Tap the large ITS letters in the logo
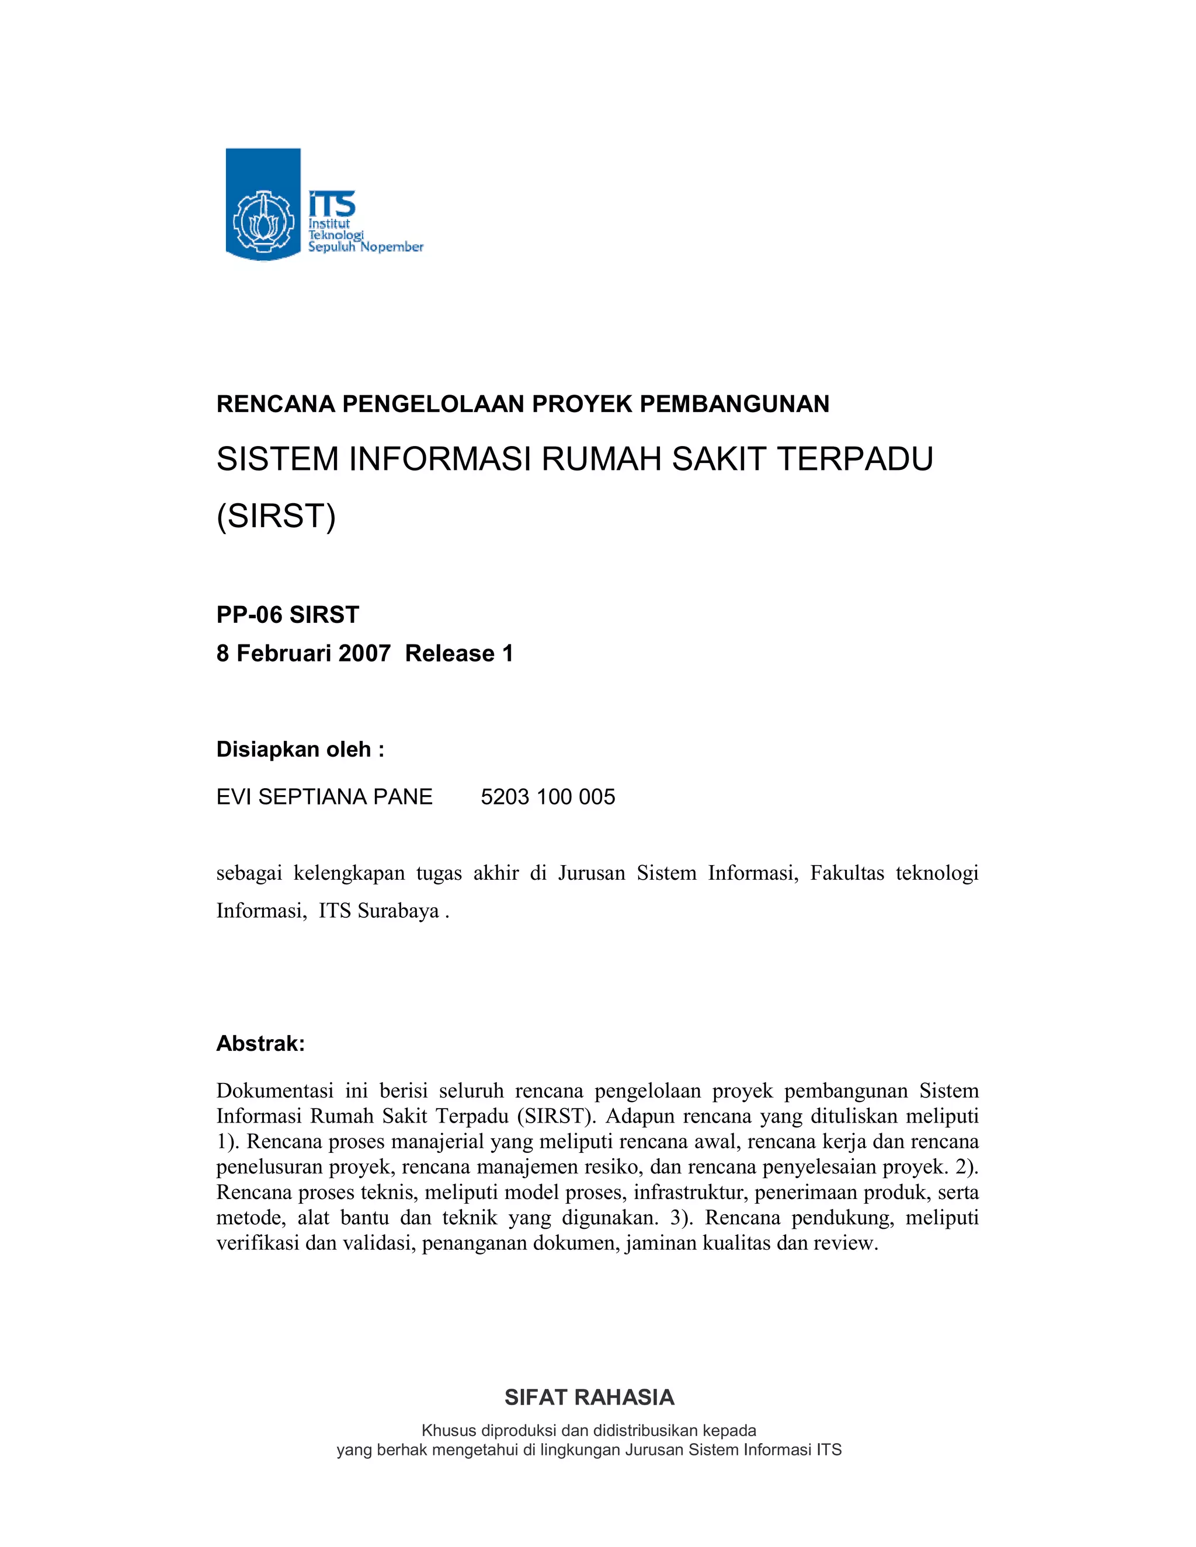332,205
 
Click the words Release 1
459,653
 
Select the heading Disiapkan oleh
300,750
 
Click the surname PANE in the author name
403,797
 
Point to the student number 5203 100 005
548,797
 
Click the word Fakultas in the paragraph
847,873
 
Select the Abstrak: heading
260,1043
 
